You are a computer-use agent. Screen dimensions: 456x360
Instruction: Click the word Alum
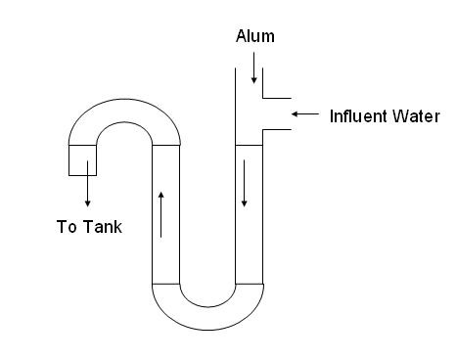pos(255,36)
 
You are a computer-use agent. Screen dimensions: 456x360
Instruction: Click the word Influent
pos(358,116)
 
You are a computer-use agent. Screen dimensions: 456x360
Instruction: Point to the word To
pos(67,226)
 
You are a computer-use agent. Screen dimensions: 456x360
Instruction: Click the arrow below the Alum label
pos(254,67)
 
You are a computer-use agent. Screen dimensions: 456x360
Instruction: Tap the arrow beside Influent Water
pos(305,113)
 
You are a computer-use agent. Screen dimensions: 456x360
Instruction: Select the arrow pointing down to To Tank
pos(87,184)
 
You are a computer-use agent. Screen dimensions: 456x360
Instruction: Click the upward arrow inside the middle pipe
pos(160,214)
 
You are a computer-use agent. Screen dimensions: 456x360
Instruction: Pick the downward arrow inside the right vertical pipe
pos(244,183)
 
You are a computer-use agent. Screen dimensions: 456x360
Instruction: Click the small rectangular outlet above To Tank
pos(82,160)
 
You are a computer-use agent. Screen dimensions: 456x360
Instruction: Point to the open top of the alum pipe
pos(249,68)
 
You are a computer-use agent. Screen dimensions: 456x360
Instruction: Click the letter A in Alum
pos(241,36)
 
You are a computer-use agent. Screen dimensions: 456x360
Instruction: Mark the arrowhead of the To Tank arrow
pos(87,203)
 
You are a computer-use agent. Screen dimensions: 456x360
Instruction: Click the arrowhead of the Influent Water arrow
pos(295,113)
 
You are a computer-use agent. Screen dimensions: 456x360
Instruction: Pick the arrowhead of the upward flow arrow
pos(160,195)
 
